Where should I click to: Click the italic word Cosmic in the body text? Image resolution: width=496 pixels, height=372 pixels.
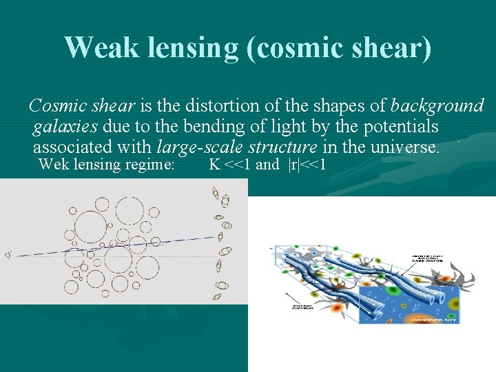[55, 106]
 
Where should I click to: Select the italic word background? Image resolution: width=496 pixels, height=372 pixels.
[437, 106]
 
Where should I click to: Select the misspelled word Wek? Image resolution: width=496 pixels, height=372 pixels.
[54, 165]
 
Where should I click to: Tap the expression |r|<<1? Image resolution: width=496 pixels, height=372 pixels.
[307, 165]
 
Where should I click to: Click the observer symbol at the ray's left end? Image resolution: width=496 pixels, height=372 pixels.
[8, 255]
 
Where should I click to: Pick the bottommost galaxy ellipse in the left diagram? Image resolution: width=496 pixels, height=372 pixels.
[217, 298]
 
